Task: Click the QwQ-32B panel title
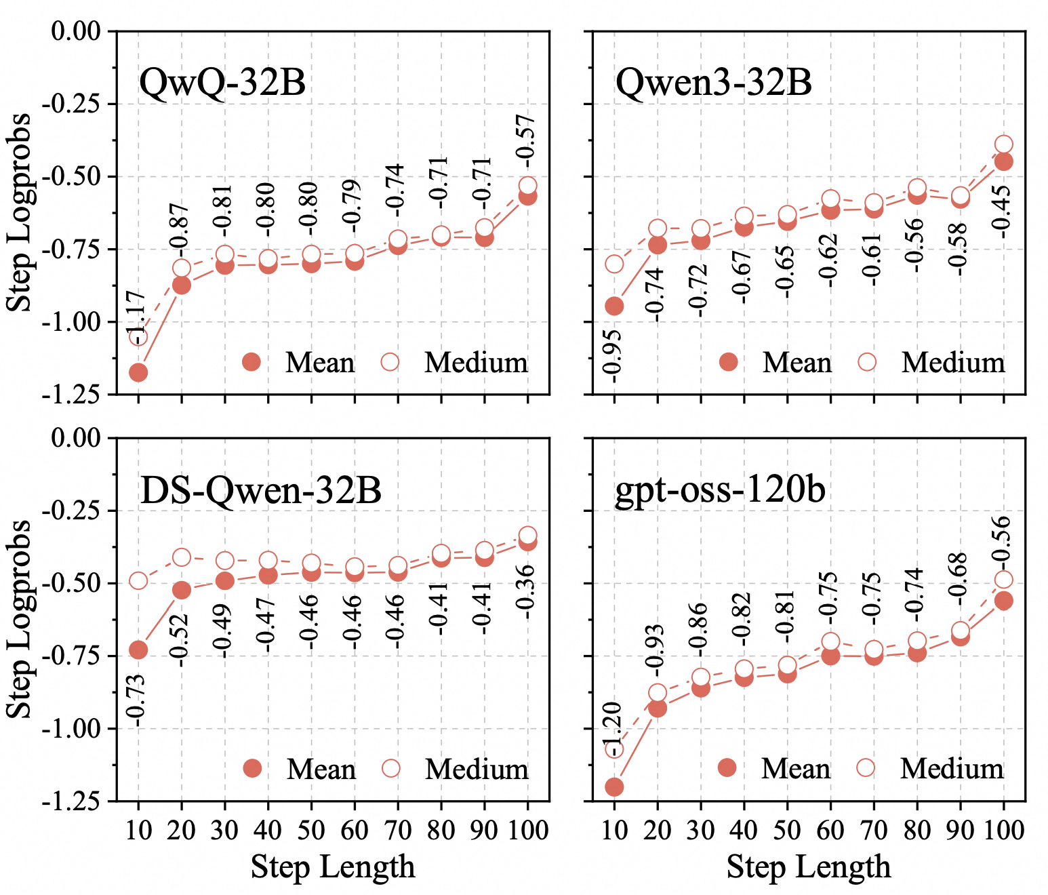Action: pyautogui.click(x=222, y=83)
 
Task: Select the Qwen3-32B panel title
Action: pyautogui.click(x=713, y=83)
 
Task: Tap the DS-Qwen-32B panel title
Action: pyautogui.click(x=260, y=490)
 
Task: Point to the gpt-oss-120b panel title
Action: pyautogui.click(x=720, y=490)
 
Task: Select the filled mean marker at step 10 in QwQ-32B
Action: pyautogui.click(x=138, y=372)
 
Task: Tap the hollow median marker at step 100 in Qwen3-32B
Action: pyautogui.click(x=1003, y=144)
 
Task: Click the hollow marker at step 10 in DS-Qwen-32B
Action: pyautogui.click(x=138, y=581)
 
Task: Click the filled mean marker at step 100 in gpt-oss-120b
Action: pyautogui.click(x=1003, y=601)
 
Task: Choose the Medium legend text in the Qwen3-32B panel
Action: pyautogui.click(x=952, y=363)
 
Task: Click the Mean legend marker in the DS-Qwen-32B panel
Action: pyautogui.click(x=252, y=768)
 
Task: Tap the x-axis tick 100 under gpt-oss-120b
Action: pyautogui.click(x=1003, y=829)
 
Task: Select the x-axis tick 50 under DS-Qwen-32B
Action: pyautogui.click(x=311, y=829)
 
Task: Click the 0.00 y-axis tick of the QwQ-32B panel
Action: pyautogui.click(x=76, y=31)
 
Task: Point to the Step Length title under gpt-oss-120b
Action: pyautogui.click(x=808, y=867)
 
